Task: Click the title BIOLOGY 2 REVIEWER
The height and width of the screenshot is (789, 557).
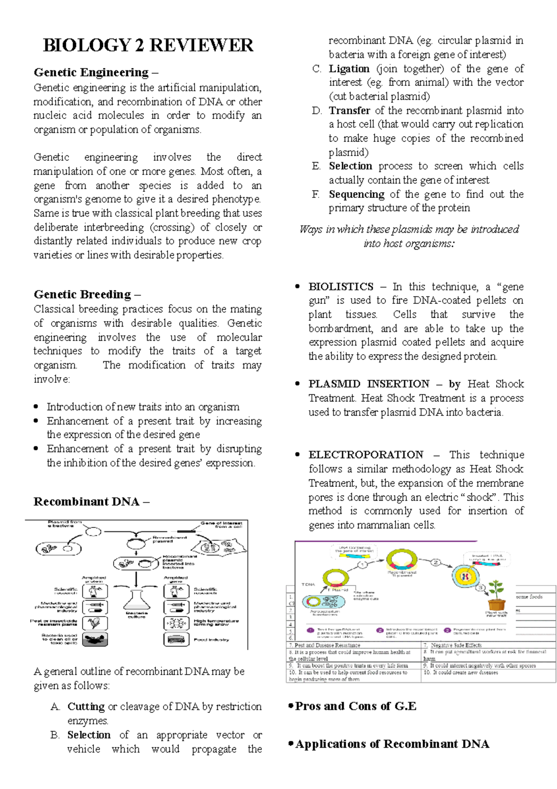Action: (148, 45)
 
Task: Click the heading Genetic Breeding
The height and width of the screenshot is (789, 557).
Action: (82, 295)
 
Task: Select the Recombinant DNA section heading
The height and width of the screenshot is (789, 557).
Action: (86, 502)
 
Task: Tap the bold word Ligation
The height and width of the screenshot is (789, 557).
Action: (349, 69)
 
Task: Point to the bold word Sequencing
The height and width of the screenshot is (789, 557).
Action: (356, 194)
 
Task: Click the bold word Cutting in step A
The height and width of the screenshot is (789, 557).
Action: (86, 707)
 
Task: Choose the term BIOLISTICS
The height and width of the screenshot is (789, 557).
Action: (341, 287)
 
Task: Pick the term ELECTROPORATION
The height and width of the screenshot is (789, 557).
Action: (366, 455)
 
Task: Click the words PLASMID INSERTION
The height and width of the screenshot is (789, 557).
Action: (369, 384)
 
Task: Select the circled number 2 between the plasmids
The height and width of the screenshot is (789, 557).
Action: (435, 562)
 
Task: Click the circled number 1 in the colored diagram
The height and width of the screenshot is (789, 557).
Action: (363, 565)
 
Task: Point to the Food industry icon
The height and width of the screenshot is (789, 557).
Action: (176, 639)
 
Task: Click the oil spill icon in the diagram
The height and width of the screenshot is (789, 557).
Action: (95, 639)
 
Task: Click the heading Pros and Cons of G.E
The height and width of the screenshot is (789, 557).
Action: (355, 706)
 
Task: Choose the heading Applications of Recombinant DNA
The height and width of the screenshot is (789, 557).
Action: (392, 744)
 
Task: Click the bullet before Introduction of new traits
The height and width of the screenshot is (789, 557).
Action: (36, 407)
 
